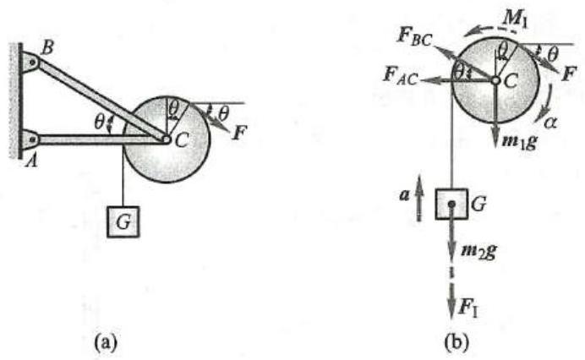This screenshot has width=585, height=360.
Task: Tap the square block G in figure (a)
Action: (123, 221)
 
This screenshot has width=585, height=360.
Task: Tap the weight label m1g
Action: (516, 139)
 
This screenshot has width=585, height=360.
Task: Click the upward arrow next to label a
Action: (420, 206)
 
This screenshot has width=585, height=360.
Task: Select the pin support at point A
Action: (27, 138)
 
